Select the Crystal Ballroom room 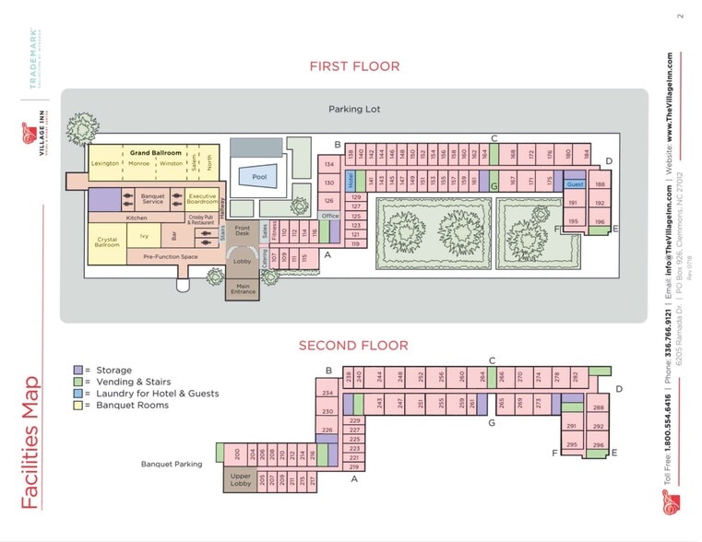tap(107, 242)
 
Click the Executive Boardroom tap(202, 197)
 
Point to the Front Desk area tap(243, 231)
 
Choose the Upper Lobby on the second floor tap(240, 480)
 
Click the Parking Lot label tap(354, 109)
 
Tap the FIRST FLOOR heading tap(354, 66)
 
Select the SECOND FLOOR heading tap(352, 346)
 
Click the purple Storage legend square tap(78, 370)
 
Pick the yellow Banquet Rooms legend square tap(78, 405)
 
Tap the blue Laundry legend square tap(78, 393)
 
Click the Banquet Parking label tap(172, 464)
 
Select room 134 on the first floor tap(328, 164)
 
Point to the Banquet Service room tap(152, 198)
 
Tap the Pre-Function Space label tap(171, 257)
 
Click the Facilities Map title tap(30, 442)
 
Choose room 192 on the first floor tap(599, 203)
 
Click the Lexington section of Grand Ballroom tap(105, 163)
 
